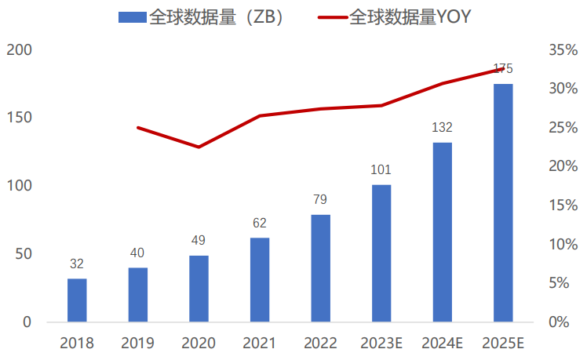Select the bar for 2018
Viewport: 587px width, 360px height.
77,300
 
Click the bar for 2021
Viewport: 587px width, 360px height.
260,280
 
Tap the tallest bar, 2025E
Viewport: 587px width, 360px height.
503,203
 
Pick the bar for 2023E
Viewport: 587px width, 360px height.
381,253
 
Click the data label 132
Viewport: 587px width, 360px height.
442,127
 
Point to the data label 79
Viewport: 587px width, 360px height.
320,199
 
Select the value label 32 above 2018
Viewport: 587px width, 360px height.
77,264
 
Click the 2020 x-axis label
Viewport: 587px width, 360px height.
199,343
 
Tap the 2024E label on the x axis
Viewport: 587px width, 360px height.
442,343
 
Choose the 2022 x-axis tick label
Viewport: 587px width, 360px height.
320,343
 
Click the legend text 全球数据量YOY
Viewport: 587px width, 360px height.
410,16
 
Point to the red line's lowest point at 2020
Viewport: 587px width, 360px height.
199,147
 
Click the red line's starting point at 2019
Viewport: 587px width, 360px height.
138,127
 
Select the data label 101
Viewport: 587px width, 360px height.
381,169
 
